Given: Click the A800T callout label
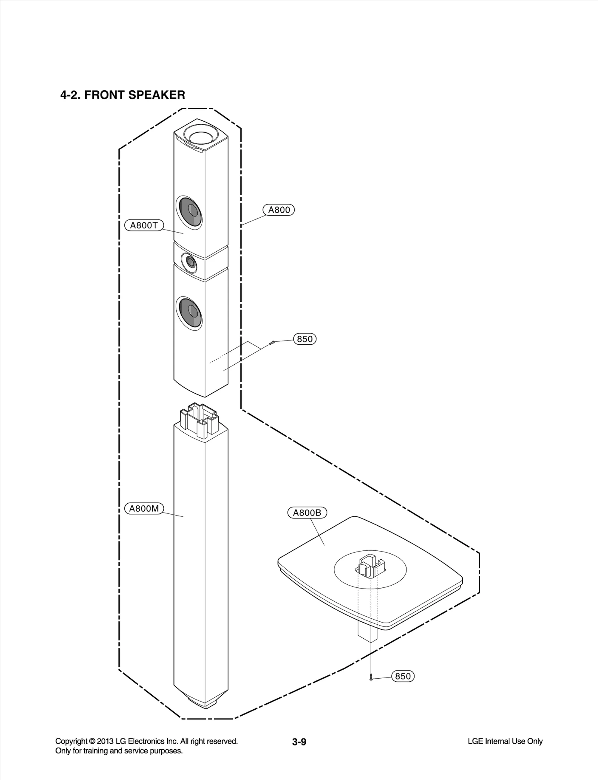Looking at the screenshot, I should [144, 225].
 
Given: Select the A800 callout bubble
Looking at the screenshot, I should [279, 210].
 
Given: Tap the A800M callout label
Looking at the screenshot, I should [144, 509].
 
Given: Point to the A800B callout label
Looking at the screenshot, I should [307, 513].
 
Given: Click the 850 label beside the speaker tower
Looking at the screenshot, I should [305, 339].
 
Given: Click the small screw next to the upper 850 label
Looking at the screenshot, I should [272, 342].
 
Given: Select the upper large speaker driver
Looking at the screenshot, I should [189, 212].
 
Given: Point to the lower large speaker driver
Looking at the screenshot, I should [189, 313].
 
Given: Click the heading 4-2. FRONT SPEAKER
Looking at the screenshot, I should [123, 95].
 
